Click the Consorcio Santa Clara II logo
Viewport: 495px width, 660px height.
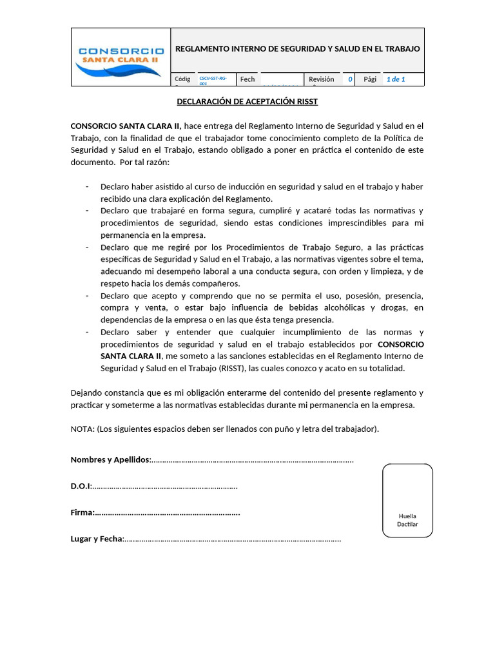120,57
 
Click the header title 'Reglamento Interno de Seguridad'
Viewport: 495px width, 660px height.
297,49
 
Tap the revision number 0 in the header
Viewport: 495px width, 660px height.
350,79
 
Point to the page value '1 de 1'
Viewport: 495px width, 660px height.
395,79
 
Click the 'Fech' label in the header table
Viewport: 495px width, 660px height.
247,79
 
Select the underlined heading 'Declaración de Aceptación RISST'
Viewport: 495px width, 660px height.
247,102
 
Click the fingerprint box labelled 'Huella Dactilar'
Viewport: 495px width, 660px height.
407,500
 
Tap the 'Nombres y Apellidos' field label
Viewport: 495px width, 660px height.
110,460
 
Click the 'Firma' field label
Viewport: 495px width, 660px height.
82,512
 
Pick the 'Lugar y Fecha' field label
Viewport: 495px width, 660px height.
96,539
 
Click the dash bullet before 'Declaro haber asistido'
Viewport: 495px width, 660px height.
87,187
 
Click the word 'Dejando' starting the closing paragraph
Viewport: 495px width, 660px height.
86,393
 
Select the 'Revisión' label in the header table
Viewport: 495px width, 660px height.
321,79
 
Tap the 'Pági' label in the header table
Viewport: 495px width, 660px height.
370,79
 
